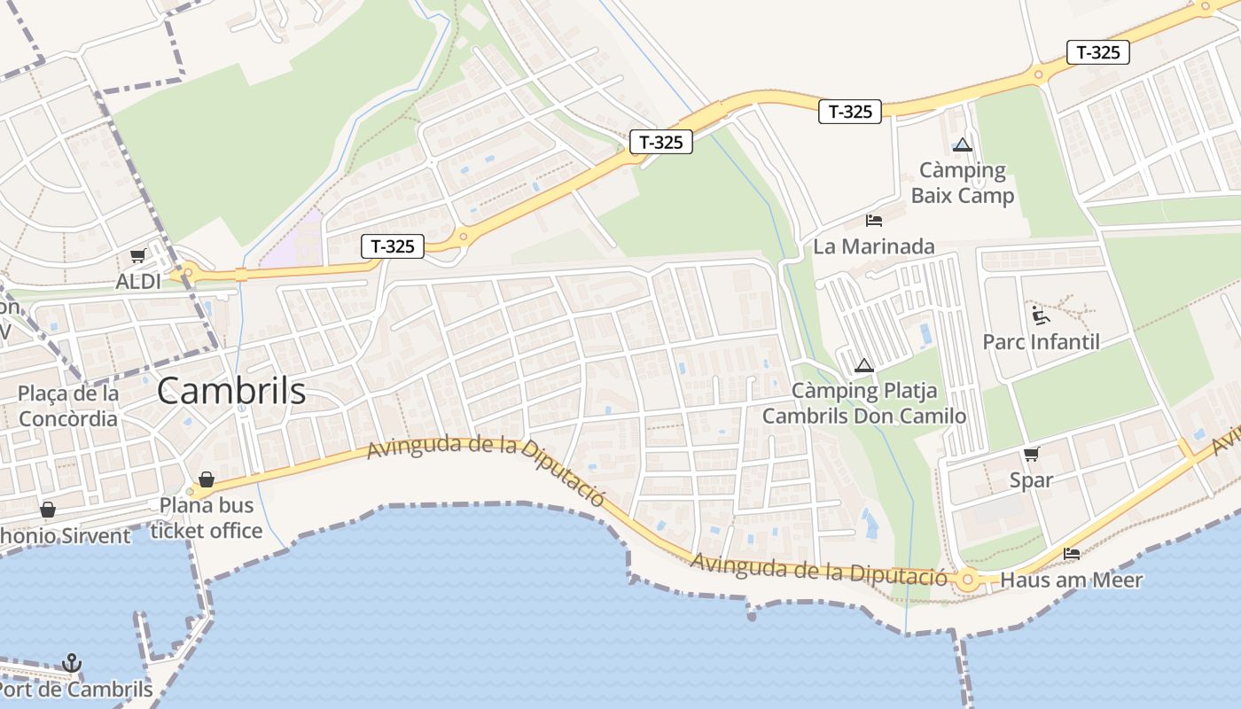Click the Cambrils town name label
(231, 391)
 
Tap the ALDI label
(138, 282)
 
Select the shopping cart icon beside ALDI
(137, 256)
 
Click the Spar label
(1031, 480)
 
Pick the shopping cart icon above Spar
(1031, 455)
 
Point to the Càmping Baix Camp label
(962, 183)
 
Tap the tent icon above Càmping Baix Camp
(963, 144)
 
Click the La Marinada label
(873, 246)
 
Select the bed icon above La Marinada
(874, 220)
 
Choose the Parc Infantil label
(1041, 342)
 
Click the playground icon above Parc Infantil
(1041, 315)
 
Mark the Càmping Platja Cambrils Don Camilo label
(864, 403)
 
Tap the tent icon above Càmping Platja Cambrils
(864, 365)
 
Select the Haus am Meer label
(1071, 580)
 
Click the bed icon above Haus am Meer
(1072, 554)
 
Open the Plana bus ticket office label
(207, 518)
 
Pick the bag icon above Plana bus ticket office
(207, 479)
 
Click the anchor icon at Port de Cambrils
(72, 663)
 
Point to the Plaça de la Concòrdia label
(68, 406)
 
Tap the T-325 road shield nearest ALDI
(393, 246)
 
